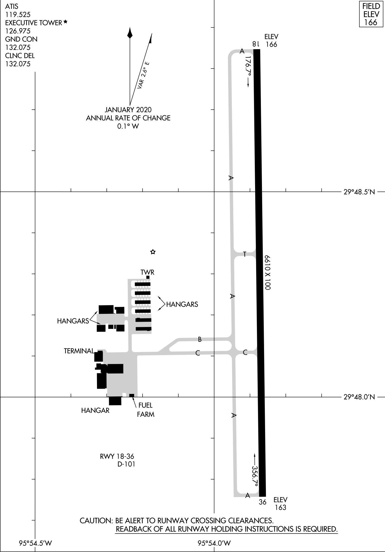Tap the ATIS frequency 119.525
coord(18,14)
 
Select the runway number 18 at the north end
coord(256,44)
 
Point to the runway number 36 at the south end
coord(262,502)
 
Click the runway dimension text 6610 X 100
coord(268,272)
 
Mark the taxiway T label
coord(245,254)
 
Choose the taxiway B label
coord(200,340)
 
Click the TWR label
coord(148,272)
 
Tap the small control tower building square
coord(148,277)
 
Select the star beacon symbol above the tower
coord(153,252)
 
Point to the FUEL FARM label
coord(146,410)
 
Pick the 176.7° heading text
coord(248,66)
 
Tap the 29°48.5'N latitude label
coord(359,192)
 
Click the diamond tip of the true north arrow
coord(130,33)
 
